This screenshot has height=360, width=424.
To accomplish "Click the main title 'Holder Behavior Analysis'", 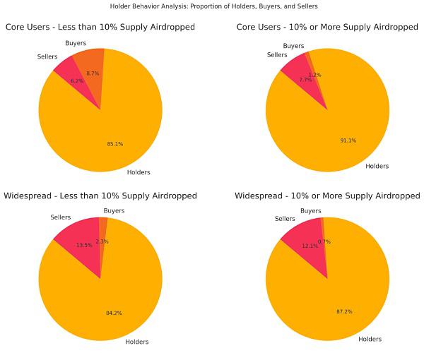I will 213,6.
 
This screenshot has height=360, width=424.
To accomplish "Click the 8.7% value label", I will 93,73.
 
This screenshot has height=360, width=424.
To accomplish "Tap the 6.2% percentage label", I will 77,80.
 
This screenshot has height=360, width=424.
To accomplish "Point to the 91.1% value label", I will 348,140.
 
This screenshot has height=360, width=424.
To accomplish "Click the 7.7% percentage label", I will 305,80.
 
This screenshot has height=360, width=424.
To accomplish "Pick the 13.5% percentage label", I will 83,245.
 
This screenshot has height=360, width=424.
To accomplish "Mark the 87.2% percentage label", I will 346,311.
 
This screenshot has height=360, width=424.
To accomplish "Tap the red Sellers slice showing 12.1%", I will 304,236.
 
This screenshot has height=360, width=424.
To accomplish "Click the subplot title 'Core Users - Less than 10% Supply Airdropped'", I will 100,28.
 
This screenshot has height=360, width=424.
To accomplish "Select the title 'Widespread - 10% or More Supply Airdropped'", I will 327,196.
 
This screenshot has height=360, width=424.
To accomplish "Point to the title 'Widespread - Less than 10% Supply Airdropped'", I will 100,196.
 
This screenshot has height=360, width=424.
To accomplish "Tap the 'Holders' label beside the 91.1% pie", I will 377,167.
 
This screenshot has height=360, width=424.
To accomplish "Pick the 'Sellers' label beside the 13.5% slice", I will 61,217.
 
